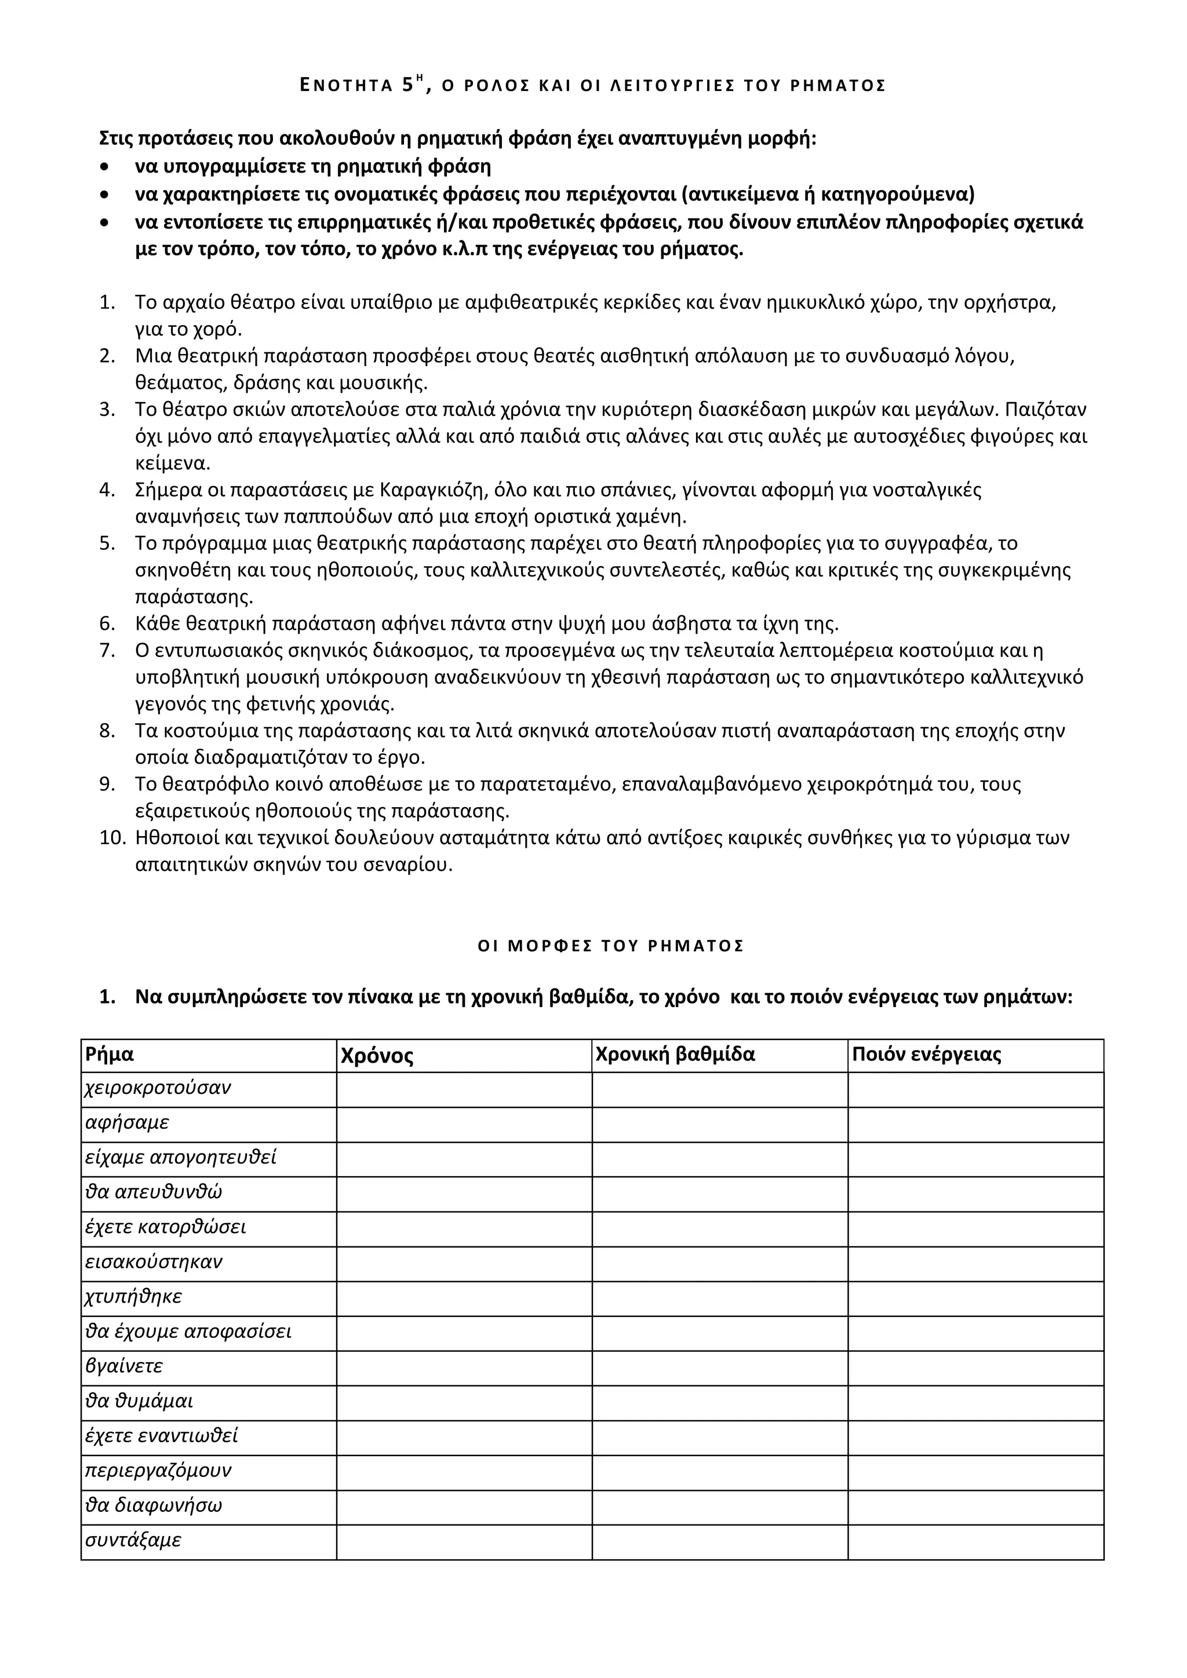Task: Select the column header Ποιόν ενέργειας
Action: point(926,1055)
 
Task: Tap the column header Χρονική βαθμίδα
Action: point(675,1055)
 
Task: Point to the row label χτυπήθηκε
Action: point(134,1297)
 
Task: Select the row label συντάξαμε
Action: point(133,1541)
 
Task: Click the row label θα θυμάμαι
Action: point(139,1402)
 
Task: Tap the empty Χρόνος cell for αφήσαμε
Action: point(464,1124)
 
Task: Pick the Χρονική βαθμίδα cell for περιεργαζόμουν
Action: point(719,1471)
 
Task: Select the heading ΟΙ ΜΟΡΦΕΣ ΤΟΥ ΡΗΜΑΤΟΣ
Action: point(610,946)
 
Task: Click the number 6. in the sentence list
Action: point(107,624)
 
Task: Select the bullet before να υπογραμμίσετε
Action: point(107,167)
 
